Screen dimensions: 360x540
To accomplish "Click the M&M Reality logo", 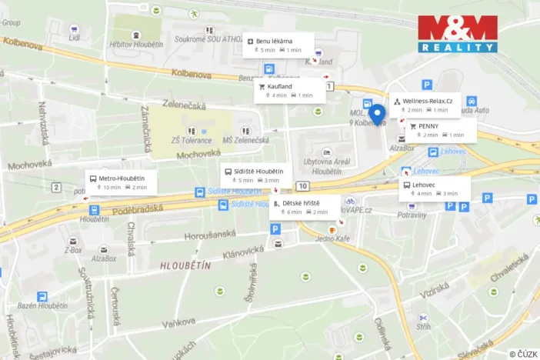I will click(458, 34).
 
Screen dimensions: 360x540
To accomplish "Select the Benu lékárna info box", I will click(278, 45).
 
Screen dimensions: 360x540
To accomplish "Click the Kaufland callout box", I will click(291, 90).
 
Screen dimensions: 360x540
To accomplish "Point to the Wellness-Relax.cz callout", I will click(425, 105).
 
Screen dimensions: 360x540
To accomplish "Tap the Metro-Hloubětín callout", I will click(121, 182).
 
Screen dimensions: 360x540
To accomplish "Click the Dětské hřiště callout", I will click(305, 207).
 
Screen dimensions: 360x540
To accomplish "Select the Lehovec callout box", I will click(434, 188).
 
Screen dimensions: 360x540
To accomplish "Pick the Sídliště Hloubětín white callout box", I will click(255, 175).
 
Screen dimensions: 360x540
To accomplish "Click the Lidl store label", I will click(75, 37).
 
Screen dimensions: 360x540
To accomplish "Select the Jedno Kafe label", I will click(332, 239).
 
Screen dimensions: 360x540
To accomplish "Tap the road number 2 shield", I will click(56, 187).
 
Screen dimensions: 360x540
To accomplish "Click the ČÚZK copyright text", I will click(523, 353).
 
